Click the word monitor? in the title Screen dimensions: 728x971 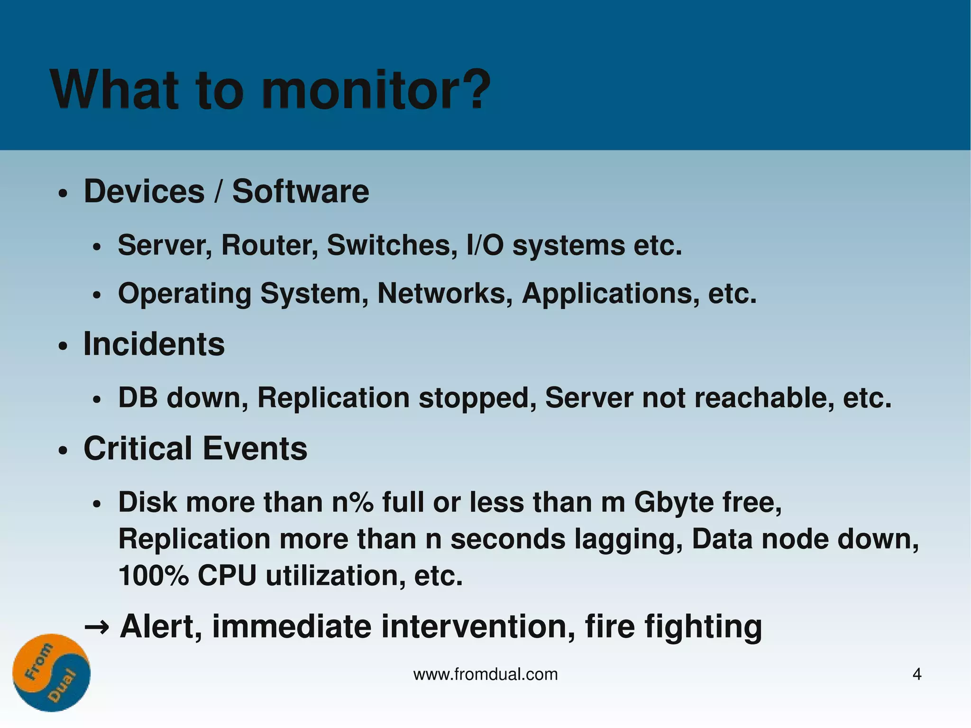click(x=376, y=90)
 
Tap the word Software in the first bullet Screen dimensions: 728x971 click(x=300, y=192)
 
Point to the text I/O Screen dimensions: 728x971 click(x=485, y=245)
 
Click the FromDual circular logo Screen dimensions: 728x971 click(x=51, y=673)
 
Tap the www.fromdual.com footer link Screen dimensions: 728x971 click(x=485, y=674)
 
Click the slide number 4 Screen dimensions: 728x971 click(x=917, y=674)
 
